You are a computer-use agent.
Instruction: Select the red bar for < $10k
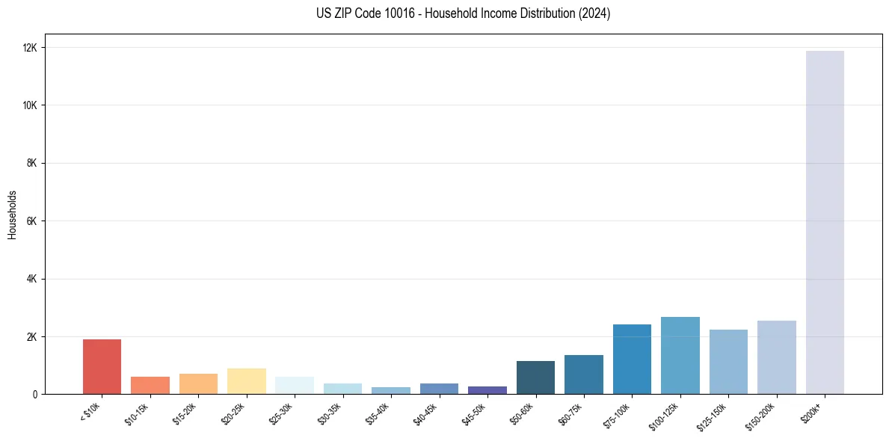(102, 366)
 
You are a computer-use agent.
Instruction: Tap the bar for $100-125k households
(680, 356)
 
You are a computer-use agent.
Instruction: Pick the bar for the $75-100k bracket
(632, 359)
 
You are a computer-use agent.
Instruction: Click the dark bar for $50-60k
(535, 377)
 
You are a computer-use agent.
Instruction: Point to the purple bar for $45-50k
(487, 390)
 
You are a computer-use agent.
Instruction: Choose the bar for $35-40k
(391, 390)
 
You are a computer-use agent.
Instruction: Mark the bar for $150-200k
(777, 357)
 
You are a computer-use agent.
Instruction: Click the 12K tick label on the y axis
(30, 48)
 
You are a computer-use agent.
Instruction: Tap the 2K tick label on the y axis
(32, 336)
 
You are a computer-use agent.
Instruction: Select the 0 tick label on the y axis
(34, 395)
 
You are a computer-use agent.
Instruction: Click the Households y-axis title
(13, 215)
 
